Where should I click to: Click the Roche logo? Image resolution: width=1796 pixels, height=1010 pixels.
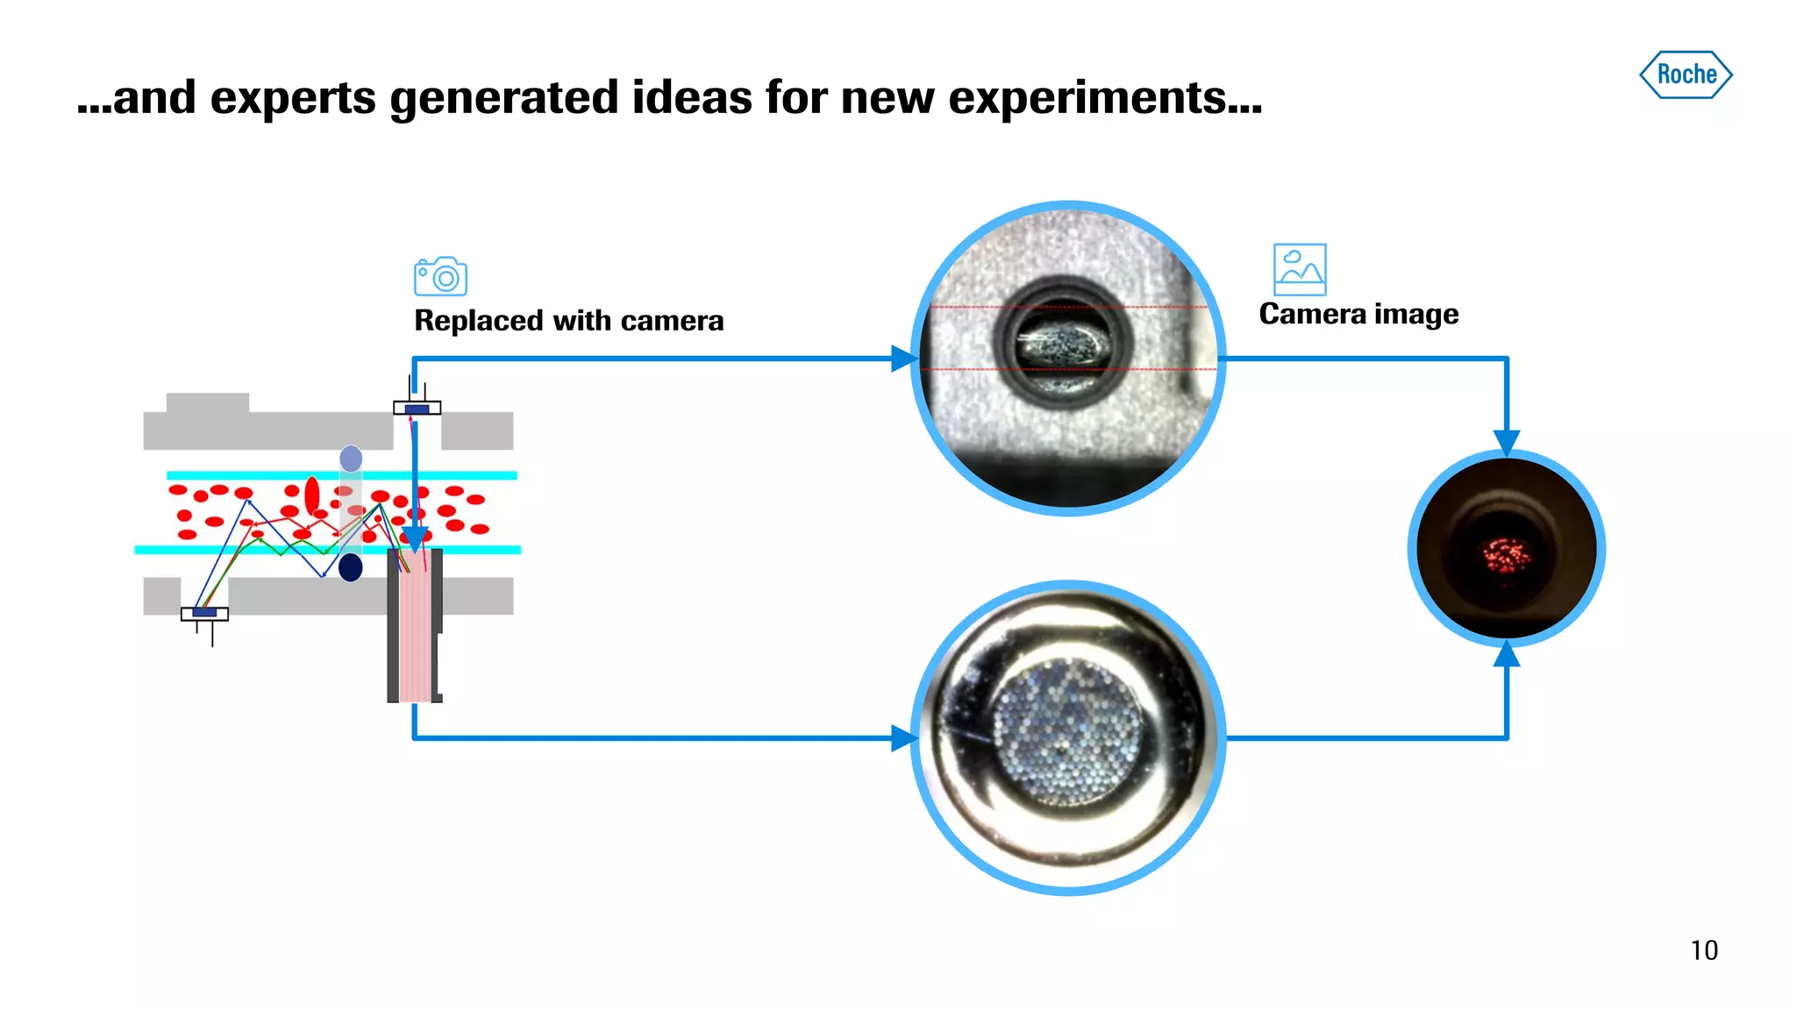1686,75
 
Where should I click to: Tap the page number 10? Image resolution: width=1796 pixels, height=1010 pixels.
1704,950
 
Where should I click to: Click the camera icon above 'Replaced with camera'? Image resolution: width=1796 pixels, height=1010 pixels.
440,277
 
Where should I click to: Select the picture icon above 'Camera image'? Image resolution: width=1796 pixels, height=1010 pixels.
1299,269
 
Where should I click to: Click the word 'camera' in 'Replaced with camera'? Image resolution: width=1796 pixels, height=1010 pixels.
672,321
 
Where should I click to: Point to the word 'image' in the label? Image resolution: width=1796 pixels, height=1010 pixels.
1416,314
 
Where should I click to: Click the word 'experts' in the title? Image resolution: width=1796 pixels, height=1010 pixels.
294,97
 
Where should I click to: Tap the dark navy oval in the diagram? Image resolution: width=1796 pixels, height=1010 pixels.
351,567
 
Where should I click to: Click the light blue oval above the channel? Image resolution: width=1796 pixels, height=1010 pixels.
351,459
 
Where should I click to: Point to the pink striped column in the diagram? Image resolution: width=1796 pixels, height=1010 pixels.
414,626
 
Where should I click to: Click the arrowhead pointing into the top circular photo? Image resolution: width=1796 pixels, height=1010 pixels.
903,359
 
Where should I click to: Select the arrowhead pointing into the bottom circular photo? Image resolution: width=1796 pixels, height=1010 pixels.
903,738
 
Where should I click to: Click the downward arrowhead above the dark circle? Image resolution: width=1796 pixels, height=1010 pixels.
1507,442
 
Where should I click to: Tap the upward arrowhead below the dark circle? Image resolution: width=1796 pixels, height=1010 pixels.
1507,654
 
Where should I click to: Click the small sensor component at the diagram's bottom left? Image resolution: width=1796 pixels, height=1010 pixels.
204,614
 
